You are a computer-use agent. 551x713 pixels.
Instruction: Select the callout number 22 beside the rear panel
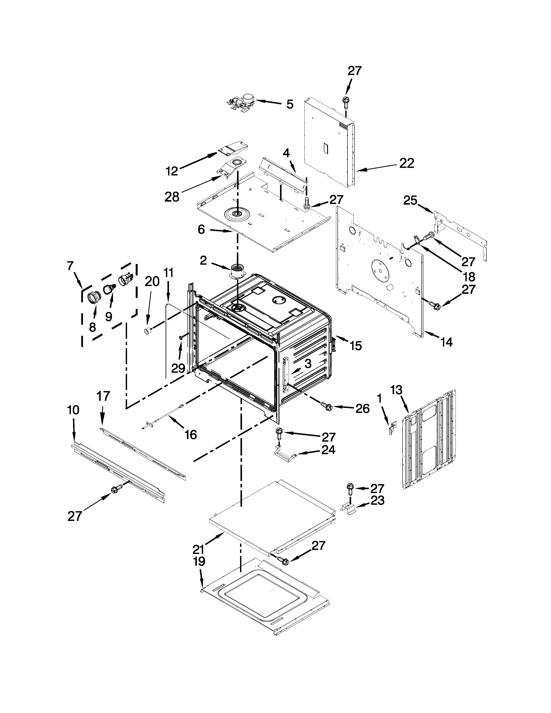tap(407, 163)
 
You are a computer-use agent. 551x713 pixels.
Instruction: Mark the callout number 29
tap(178, 368)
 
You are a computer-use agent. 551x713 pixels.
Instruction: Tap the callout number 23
tap(377, 500)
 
